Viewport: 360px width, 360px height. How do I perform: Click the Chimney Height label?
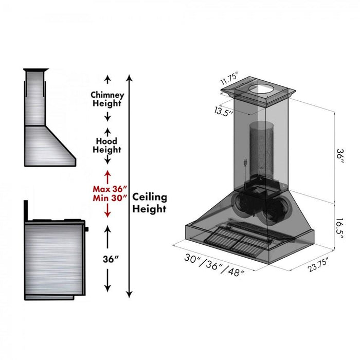107,99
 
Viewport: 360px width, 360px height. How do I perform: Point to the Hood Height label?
107,146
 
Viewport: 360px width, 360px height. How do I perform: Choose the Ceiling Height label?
150,203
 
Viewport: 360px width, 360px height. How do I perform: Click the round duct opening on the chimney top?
263,89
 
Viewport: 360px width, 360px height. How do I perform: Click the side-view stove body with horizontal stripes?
53,257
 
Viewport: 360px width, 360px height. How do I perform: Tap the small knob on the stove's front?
86,228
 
